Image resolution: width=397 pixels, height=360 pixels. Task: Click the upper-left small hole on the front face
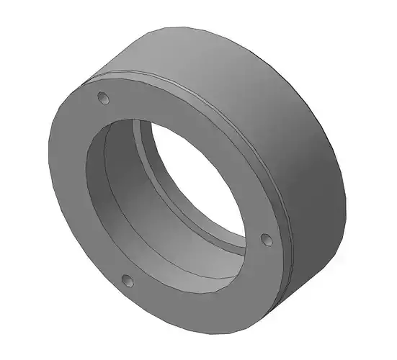[102, 96]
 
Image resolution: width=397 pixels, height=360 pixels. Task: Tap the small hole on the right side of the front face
[264, 238]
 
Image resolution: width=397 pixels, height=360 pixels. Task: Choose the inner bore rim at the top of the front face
[144, 117]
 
